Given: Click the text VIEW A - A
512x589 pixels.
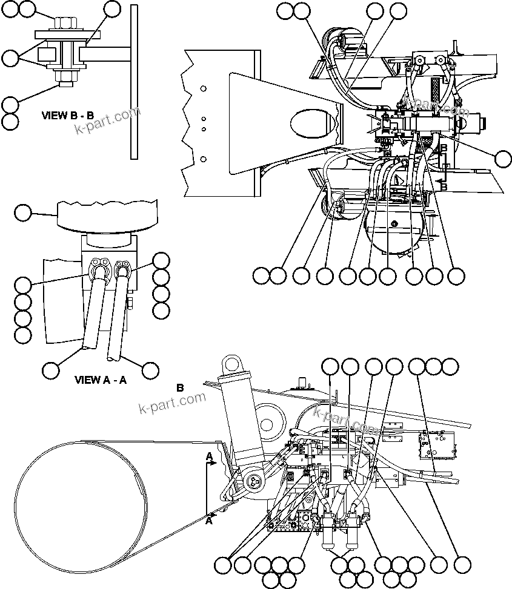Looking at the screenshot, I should pos(100,380).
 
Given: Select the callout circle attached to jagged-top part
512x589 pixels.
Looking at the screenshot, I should pos(22,212).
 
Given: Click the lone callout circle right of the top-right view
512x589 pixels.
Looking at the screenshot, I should pos(503,159).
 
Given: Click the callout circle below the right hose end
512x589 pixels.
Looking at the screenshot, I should pos(149,369).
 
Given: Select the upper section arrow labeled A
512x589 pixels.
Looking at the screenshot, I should pos(210,462).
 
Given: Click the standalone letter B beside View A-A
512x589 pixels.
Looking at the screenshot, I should pos(179,387).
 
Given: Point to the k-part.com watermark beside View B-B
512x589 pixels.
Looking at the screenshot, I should pos(107,121).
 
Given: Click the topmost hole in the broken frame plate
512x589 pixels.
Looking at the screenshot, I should pos(204,89).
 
